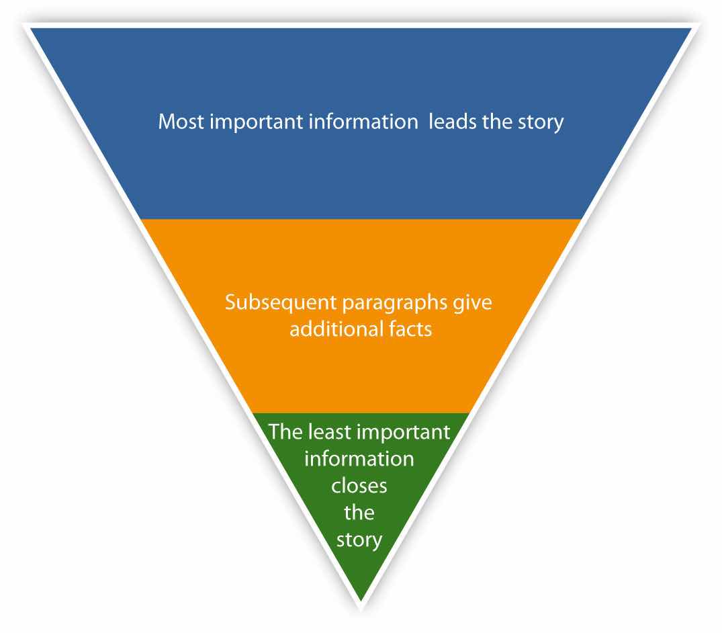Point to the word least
[324, 431]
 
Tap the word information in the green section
[359, 459]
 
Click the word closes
[359, 486]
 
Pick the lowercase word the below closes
[359, 513]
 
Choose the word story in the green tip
[359, 540]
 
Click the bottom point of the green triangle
[361, 600]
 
